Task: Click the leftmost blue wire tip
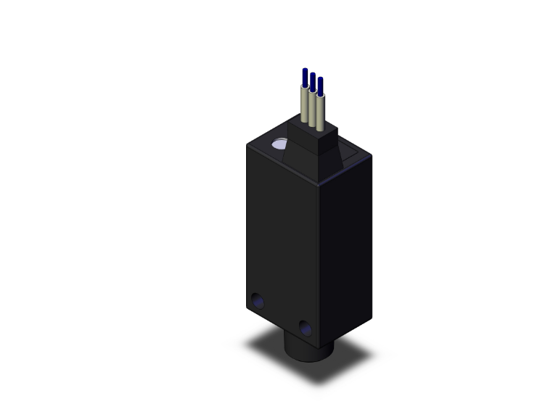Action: tap(305, 75)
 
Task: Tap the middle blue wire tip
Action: tap(313, 80)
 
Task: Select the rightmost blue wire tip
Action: tap(320, 84)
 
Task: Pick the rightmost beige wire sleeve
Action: tap(320, 112)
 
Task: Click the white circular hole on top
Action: tap(279, 146)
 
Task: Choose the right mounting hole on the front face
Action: tap(306, 329)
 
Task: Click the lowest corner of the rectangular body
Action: tap(320, 339)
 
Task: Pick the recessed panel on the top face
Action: tap(351, 153)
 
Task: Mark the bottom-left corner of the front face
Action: tap(247, 309)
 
